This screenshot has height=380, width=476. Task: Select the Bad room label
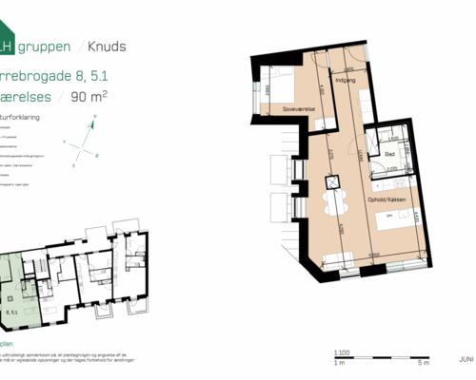390,153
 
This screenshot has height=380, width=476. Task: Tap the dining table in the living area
332,204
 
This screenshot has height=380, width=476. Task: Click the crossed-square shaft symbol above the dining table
332,182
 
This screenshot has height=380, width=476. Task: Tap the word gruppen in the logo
40,46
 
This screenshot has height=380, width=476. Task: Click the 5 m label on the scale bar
424,363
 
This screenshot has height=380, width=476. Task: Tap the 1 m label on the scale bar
339,363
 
